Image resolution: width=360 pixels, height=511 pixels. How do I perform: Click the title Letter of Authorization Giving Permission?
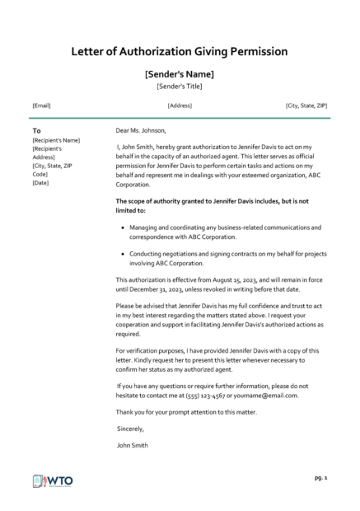(x=180, y=51)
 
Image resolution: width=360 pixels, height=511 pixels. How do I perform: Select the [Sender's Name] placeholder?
(x=180, y=73)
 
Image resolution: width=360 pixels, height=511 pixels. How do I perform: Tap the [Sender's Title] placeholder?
(x=180, y=86)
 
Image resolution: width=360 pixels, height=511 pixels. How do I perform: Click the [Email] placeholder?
(x=41, y=105)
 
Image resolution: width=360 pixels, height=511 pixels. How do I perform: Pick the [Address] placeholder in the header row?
(x=180, y=105)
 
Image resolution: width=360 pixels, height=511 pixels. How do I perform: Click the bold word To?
(x=36, y=130)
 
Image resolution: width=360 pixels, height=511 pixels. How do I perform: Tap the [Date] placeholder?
(x=40, y=182)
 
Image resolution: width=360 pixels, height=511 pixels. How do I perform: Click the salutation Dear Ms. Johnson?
(x=142, y=129)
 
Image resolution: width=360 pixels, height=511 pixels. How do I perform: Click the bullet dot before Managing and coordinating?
(x=122, y=226)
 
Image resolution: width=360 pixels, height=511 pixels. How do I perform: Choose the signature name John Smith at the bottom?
(x=133, y=445)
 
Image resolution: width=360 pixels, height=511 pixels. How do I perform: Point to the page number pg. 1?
(x=321, y=477)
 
